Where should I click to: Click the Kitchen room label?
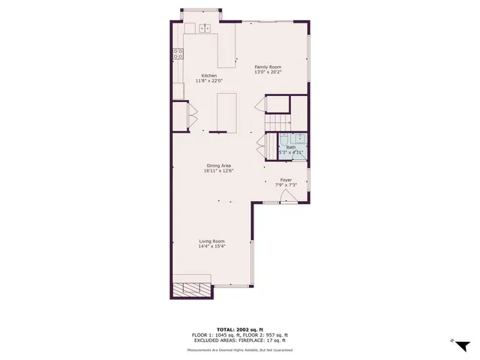point(208,76)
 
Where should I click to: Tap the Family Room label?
point(268,67)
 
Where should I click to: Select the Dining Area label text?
point(219,166)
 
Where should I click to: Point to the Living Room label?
point(211,241)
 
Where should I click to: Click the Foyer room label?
point(286,180)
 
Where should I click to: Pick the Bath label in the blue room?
point(290,148)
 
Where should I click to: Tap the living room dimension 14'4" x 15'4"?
point(211,246)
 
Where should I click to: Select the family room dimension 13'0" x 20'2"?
point(268,72)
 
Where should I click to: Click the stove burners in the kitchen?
point(178,53)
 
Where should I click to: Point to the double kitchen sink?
point(204,28)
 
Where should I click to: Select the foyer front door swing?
point(287,196)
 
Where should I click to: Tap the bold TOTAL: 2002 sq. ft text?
point(240,329)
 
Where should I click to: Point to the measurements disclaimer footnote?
point(240,350)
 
